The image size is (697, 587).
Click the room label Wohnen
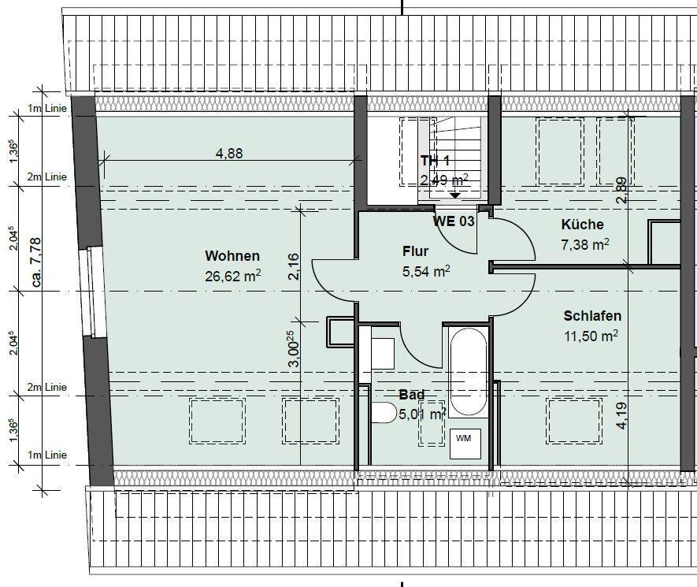[x=232, y=256]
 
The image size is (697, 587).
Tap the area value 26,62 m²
[x=232, y=276]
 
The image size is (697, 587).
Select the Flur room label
[x=416, y=251]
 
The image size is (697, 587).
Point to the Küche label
[x=582, y=224]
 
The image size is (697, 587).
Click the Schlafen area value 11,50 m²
[x=591, y=336]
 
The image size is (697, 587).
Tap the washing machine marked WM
[x=465, y=444]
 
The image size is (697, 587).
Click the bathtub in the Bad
[x=469, y=373]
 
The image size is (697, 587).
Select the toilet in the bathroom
[x=384, y=413]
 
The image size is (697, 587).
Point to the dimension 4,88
[x=229, y=154]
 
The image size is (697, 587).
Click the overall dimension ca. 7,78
[x=35, y=262]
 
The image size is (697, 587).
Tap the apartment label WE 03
[x=454, y=221]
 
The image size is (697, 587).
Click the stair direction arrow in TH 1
[x=455, y=195]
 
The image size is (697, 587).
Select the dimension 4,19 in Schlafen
[x=621, y=416]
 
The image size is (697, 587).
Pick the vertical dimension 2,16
[x=294, y=266]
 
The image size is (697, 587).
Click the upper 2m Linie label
[x=47, y=177]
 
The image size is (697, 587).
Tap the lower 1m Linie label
[x=47, y=455]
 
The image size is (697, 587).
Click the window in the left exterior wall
[x=95, y=292]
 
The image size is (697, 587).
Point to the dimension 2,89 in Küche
[x=621, y=191]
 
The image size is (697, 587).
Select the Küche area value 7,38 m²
[x=585, y=244]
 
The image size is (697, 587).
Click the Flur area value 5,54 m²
[x=426, y=271]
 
